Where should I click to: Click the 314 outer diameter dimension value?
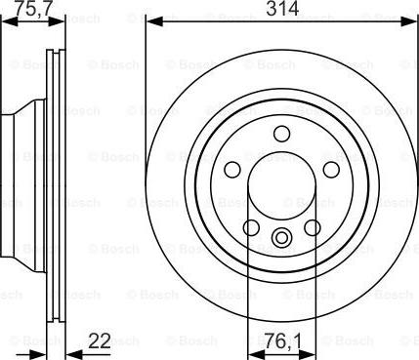click(x=281, y=11)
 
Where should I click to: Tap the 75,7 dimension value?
click(x=26, y=11)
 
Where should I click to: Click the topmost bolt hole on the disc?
click(x=281, y=134)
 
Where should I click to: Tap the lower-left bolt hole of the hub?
click(x=250, y=228)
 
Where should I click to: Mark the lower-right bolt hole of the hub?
click(x=313, y=228)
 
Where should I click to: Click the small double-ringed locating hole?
click(x=281, y=237)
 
